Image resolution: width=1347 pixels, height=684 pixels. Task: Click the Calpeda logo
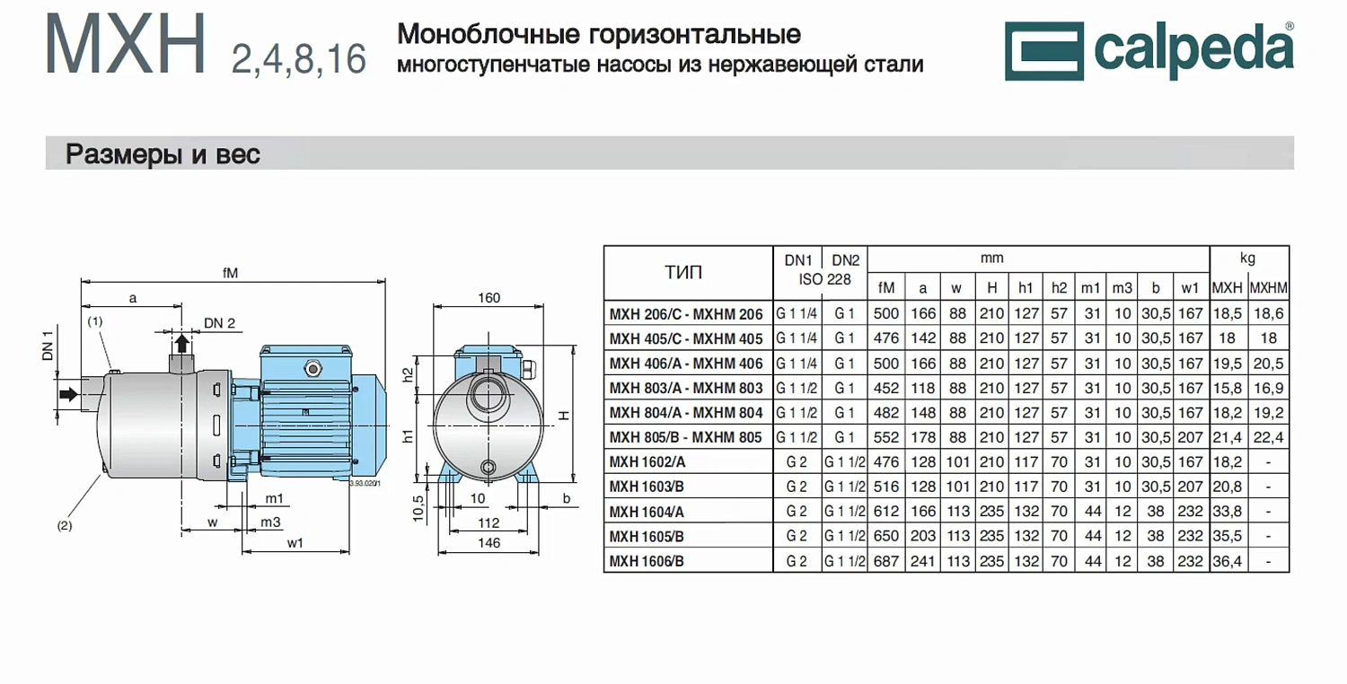pos(1149,49)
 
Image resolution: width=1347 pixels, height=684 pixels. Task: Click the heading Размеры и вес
pos(163,154)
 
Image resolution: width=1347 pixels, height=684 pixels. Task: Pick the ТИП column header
pos(683,272)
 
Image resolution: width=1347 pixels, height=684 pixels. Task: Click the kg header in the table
pos(1247,259)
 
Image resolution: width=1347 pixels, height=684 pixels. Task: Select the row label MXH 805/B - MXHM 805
pos(686,437)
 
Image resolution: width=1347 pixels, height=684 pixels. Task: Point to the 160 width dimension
pos(489,298)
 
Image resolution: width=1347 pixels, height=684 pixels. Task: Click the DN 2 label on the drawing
pos(219,323)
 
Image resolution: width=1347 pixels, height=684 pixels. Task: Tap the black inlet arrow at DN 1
pos(67,394)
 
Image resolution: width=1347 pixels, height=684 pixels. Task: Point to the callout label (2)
pos(65,526)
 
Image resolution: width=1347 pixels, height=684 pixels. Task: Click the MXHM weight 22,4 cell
pos(1268,437)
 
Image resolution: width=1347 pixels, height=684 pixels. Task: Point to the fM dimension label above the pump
pos(231,273)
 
